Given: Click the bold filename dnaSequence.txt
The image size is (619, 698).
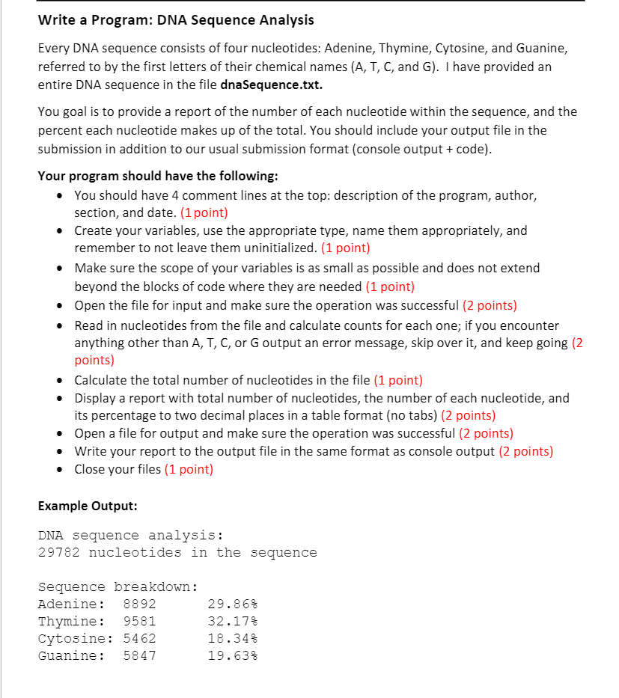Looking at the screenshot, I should (272, 85).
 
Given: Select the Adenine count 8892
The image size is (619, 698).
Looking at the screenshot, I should (139, 604).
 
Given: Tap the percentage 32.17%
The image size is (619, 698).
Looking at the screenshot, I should (232, 621).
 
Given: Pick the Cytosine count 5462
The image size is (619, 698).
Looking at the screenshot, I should (139, 638).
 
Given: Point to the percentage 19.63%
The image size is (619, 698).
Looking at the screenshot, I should (232, 655).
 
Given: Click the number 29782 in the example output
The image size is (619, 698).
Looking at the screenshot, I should (59, 553).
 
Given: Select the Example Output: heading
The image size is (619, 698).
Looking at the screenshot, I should (88, 506).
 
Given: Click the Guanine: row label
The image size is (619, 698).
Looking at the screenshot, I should (71, 655).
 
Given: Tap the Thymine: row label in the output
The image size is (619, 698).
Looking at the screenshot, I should (71, 621).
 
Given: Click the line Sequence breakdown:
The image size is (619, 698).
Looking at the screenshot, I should (118, 587).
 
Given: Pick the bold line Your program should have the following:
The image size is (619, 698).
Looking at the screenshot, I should (158, 177).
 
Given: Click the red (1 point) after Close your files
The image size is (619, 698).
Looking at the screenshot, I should (189, 470).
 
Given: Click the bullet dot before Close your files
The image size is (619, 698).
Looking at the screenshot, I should (59, 470).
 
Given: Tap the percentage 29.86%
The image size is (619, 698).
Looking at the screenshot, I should (232, 604).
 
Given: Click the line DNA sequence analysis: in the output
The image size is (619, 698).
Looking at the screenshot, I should (130, 536).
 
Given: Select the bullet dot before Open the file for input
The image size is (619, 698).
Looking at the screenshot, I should (59, 305).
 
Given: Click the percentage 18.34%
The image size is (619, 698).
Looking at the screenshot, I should (232, 638).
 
